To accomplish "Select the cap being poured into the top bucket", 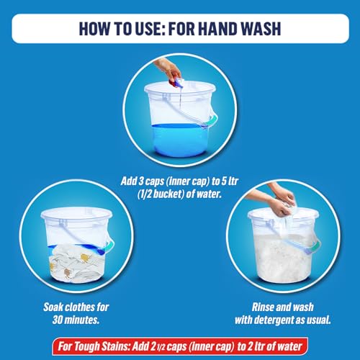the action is coord(176,82).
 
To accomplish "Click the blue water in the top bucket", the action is coord(180,140).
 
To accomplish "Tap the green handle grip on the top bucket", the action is coord(211,121).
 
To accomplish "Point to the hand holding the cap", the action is coord(168,68).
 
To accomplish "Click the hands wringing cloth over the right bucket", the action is coord(276,200).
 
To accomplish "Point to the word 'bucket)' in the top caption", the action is coord(168,194).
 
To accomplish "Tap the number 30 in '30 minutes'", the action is coord(58,320).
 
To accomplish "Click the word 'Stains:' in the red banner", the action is coord(116,346).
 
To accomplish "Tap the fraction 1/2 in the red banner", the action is coord(161,348).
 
